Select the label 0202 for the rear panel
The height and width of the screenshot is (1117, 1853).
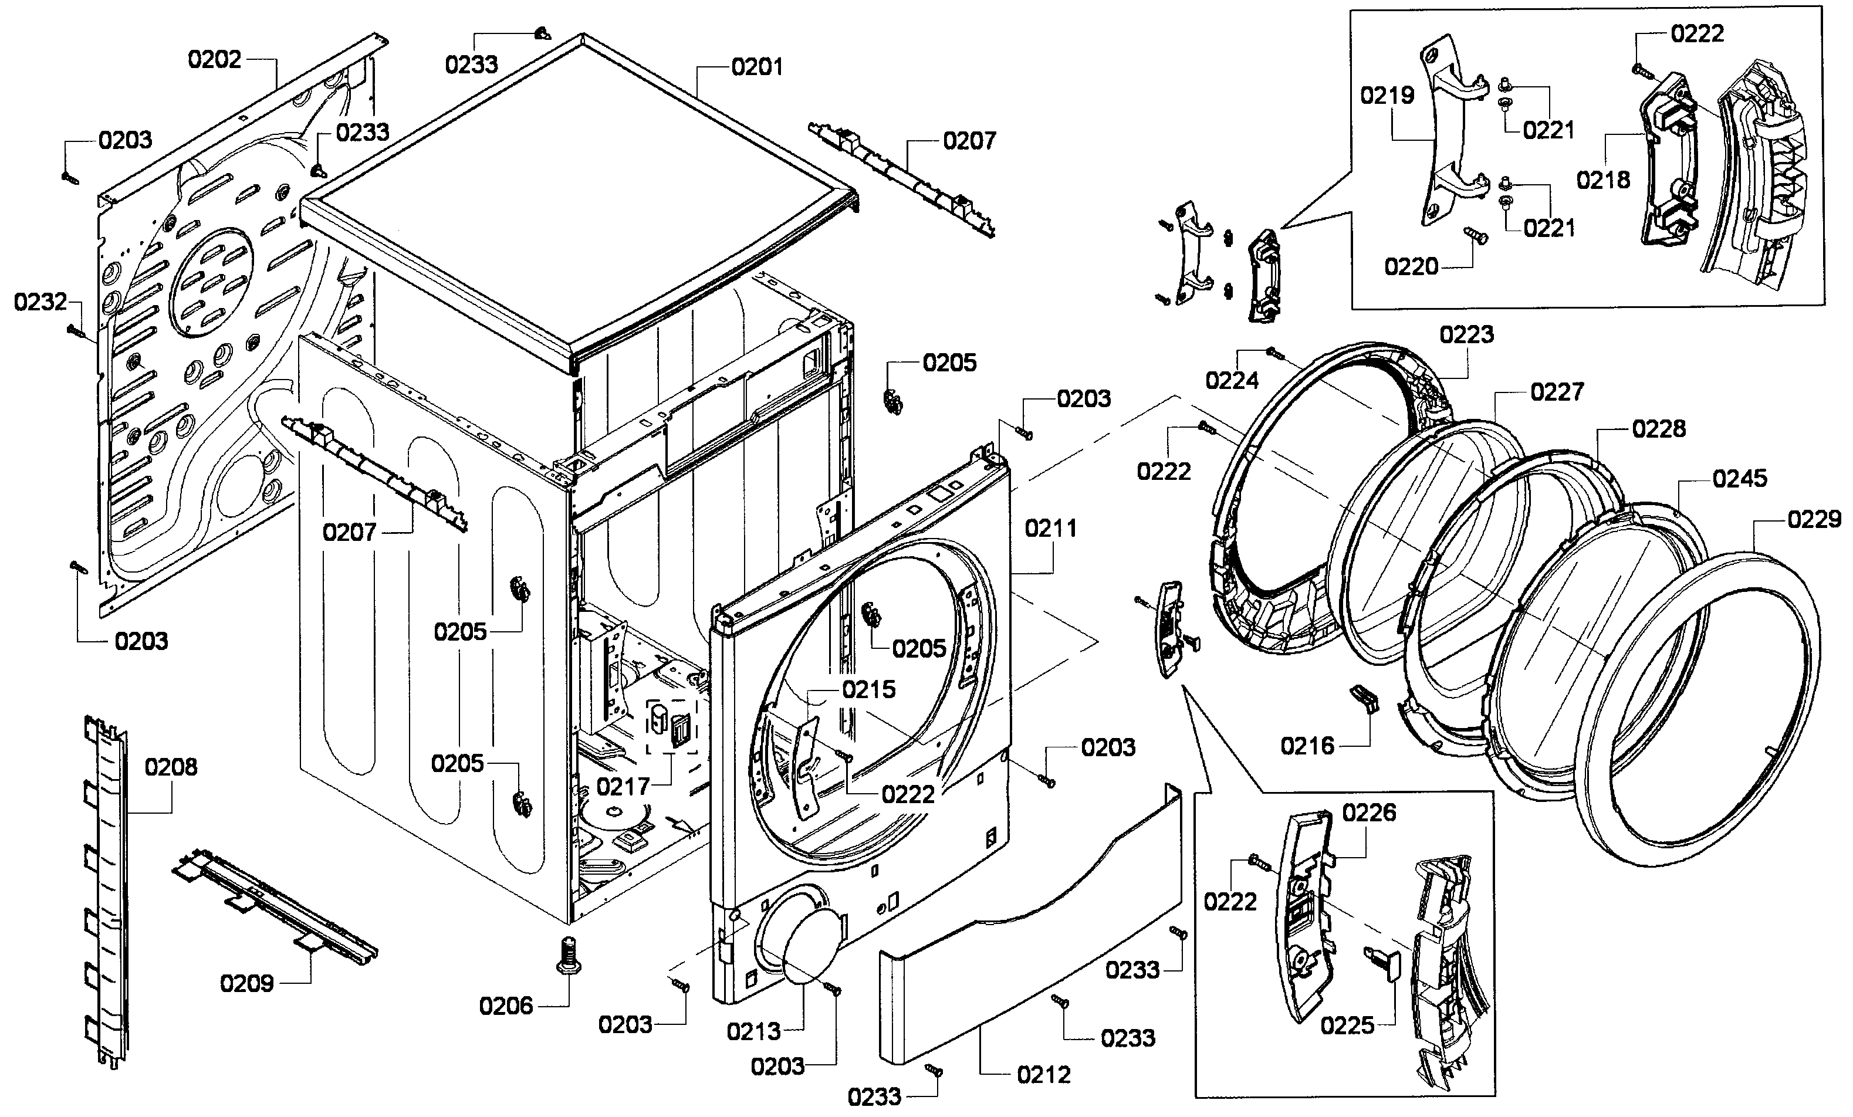pyautogui.click(x=214, y=59)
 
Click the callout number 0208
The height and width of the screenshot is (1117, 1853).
pyautogui.click(x=171, y=767)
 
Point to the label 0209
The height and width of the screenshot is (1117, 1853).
pyautogui.click(x=246, y=983)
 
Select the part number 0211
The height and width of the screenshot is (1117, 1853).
pyautogui.click(x=1050, y=529)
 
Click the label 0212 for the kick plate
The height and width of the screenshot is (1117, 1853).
pyautogui.click(x=1043, y=1075)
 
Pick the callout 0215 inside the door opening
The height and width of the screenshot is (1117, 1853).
pyautogui.click(x=868, y=689)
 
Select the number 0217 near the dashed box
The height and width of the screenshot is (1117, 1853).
pyautogui.click(x=623, y=787)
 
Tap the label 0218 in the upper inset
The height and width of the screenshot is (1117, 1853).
pyautogui.click(x=1603, y=180)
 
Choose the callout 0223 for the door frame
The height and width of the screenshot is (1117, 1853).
pyautogui.click(x=1466, y=334)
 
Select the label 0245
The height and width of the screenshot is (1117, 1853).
pyautogui.click(x=1739, y=478)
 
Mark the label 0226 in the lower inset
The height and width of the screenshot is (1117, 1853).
pyautogui.click(x=1369, y=812)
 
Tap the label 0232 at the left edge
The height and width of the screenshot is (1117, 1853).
pyautogui.click(x=40, y=302)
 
